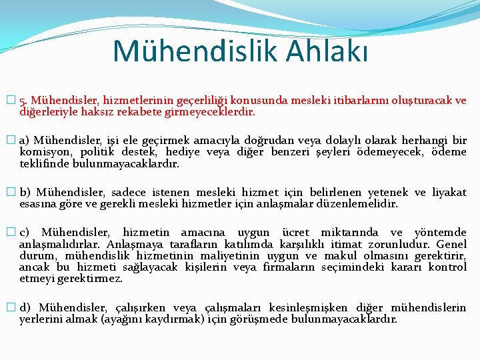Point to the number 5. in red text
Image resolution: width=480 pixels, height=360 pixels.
click(x=24, y=101)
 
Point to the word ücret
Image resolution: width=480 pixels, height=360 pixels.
click(x=295, y=233)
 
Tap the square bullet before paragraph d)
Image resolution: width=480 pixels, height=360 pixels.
click(x=9, y=307)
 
